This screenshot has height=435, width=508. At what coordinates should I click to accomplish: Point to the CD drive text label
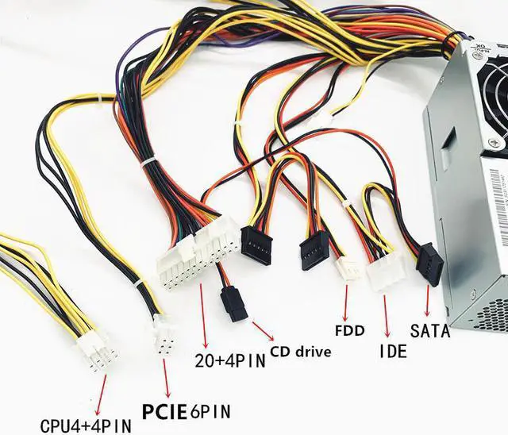coord(301,350)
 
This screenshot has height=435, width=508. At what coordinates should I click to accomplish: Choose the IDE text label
coord(393,349)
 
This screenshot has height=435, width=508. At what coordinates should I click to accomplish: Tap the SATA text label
coord(429,330)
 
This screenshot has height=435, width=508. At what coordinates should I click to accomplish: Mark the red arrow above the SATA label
coord(429,302)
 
